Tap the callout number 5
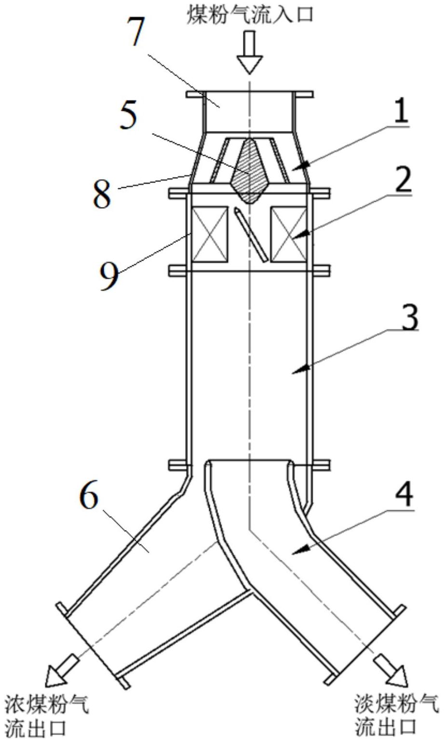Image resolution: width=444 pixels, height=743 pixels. (128, 117)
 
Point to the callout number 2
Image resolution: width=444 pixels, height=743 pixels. (403, 181)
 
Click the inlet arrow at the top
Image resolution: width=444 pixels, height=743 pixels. (249, 52)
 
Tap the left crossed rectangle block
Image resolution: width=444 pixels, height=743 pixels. (210, 234)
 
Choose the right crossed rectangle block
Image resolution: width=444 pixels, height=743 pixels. (289, 234)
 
